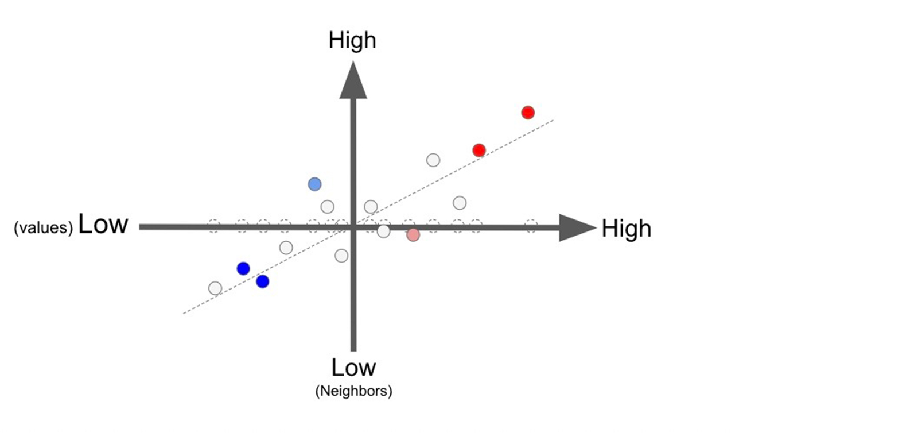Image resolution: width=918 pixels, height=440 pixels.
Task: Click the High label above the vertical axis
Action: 352,41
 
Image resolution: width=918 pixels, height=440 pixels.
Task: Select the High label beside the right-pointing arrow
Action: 626,229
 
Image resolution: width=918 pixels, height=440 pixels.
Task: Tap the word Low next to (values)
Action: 103,224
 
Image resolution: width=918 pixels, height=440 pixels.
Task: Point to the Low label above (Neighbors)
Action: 353,368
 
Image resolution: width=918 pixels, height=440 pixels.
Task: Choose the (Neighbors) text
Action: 353,391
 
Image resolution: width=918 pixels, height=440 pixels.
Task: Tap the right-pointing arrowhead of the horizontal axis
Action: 578,227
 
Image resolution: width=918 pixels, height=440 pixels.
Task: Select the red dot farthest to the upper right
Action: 528,113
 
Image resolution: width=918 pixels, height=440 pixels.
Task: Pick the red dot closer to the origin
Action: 479,150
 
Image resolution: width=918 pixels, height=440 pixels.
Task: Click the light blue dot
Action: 315,184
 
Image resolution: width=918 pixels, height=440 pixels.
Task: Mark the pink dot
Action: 413,235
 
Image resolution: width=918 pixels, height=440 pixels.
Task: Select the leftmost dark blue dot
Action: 243,269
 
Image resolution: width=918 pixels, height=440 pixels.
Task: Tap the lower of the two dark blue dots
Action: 263,281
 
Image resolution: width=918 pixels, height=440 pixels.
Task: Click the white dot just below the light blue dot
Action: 328,206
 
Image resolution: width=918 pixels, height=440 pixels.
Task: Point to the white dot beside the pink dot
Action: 384,231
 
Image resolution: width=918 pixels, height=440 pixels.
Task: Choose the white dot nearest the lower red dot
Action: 433,160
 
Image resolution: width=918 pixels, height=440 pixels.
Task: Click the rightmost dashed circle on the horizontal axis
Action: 531,226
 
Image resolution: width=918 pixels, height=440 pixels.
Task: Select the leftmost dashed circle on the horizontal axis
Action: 213,226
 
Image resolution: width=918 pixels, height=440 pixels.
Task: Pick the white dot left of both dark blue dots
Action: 215,288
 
